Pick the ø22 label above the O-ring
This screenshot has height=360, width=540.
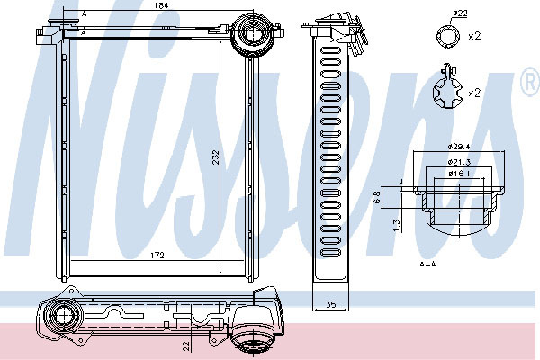460,13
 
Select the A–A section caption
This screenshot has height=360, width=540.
428,265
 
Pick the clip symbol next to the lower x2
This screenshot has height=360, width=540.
446,90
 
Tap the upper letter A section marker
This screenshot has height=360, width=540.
85,14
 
